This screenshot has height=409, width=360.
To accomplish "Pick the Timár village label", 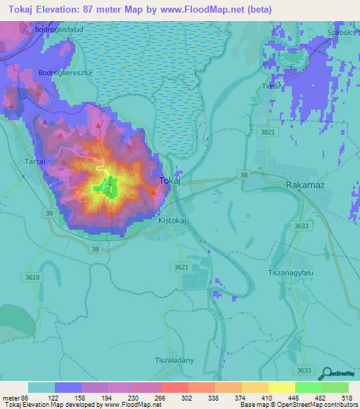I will [271, 86].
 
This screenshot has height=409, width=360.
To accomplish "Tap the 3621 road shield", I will [181, 267].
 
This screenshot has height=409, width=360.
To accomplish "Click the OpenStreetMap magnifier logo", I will [326, 374].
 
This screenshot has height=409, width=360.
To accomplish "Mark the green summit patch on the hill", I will [109, 187].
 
